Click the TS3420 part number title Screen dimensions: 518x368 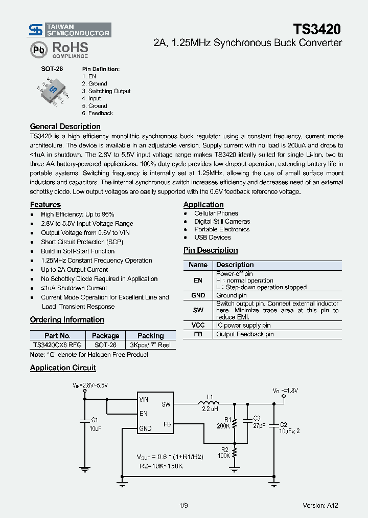317,29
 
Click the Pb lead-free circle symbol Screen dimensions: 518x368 38,50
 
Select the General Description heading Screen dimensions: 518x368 65,126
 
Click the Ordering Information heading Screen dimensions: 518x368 67,320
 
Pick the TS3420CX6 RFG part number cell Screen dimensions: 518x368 56,345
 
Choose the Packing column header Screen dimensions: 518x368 150,336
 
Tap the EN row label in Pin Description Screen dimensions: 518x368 198,280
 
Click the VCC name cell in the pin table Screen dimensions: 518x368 198,326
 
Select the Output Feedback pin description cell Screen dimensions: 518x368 245,334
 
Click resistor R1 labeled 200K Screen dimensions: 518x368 235,424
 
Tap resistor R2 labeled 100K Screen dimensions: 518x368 235,452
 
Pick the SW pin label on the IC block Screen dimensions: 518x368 166,404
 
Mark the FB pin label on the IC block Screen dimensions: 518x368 167,424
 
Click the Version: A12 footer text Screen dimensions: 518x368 320,505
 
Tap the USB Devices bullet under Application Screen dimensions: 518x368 212,238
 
